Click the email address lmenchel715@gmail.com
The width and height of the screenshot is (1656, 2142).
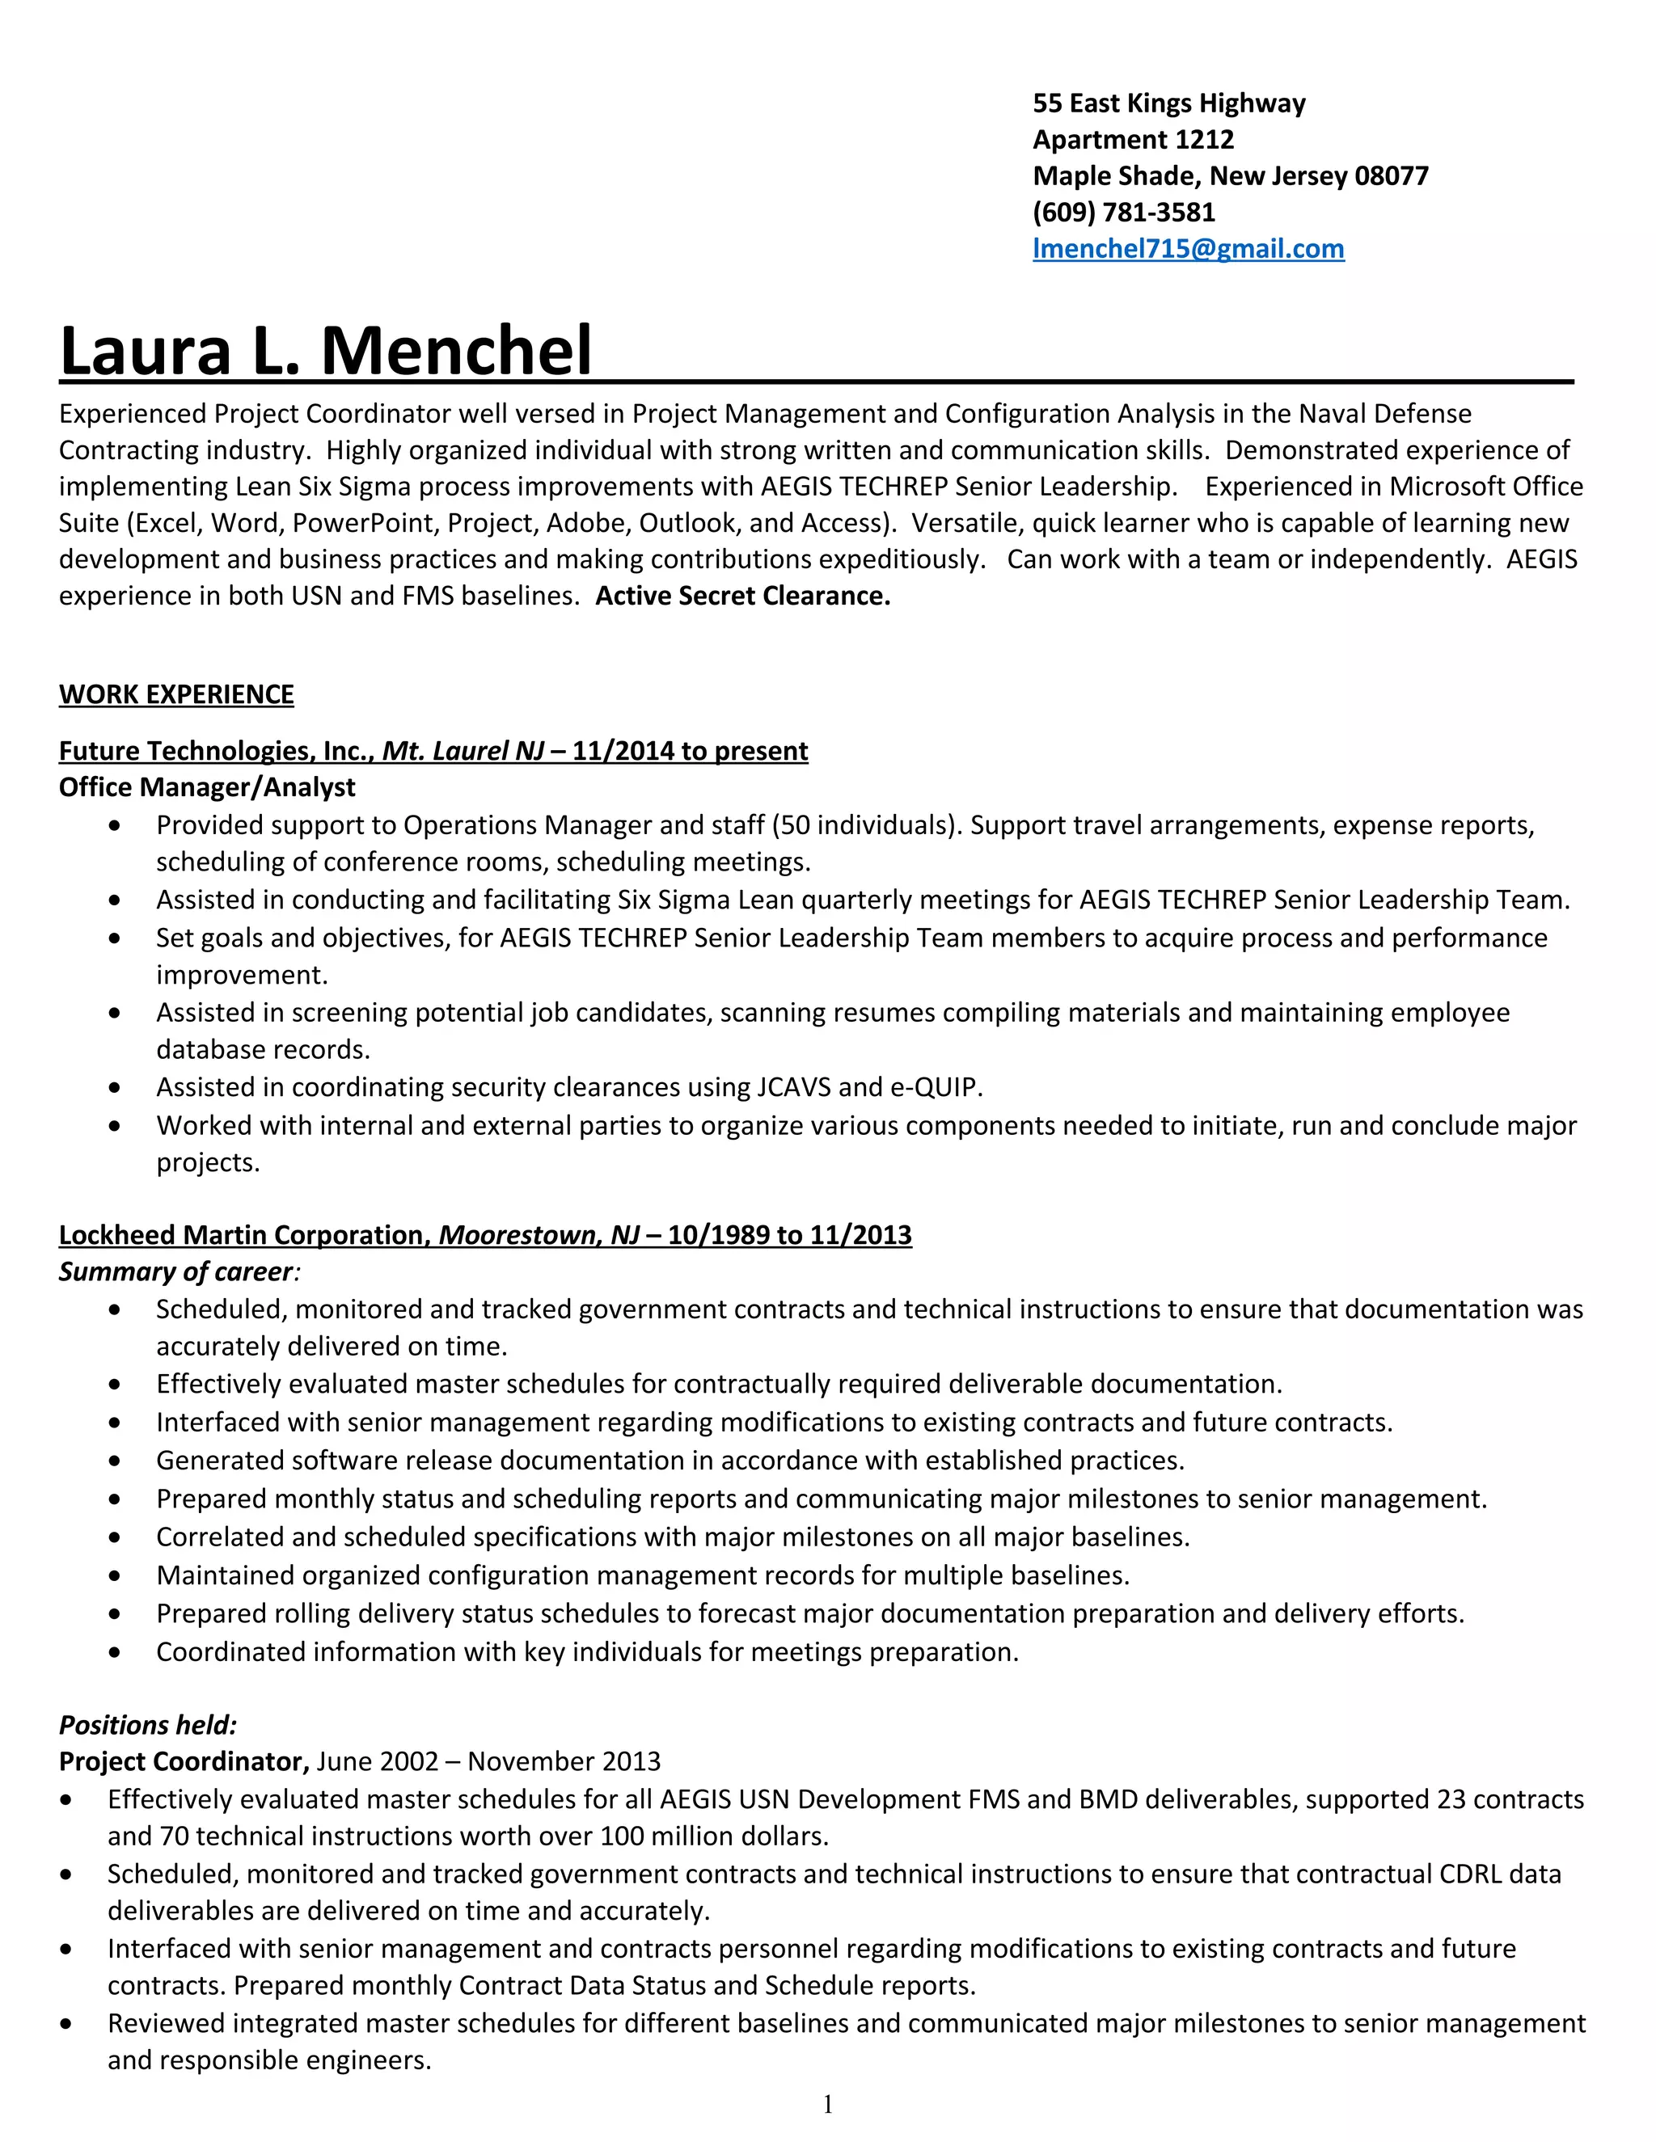[x=1188, y=249]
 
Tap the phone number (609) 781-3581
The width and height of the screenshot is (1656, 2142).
[x=1123, y=213]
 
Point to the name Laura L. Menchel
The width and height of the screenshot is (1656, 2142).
[x=326, y=351]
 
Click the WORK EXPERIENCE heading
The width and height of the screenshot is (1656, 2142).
[x=176, y=694]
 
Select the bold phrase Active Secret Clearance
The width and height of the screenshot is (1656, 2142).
[x=742, y=597]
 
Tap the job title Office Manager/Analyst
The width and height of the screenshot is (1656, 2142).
[x=207, y=787]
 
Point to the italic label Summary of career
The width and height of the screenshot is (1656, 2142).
[x=176, y=1272]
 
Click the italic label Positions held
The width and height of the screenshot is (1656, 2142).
[x=148, y=1725]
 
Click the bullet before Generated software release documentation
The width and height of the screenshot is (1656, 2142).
[x=116, y=1461]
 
